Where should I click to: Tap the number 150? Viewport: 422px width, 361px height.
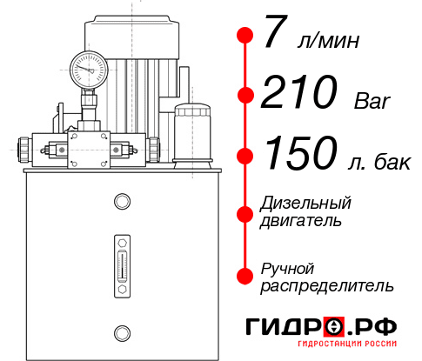pos(301,156)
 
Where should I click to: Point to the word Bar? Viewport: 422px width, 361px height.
pos(373,102)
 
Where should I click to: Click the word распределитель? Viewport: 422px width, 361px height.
pos(327,285)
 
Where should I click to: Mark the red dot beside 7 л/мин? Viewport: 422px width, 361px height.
pos(245,36)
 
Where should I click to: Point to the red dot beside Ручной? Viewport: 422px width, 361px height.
pos(245,275)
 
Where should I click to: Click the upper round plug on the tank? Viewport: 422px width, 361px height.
pos(121,203)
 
